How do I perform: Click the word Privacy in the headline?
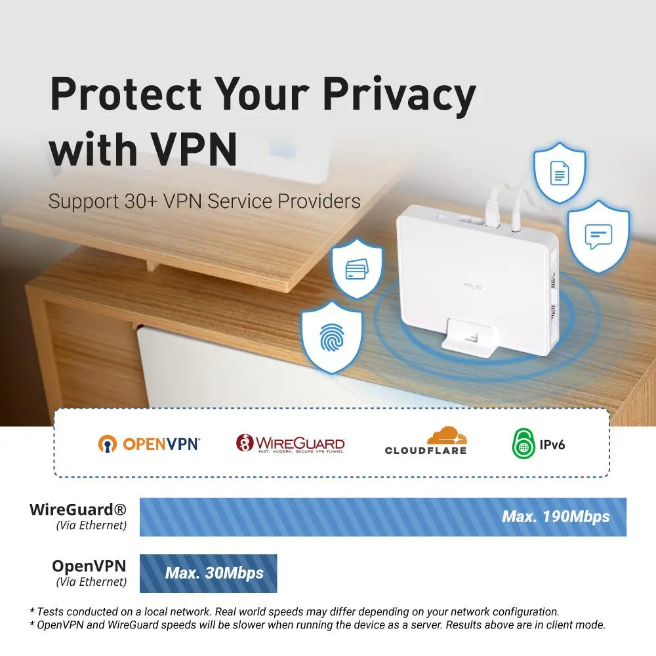point(399,97)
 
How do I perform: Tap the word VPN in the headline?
point(194,150)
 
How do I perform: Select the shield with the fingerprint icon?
point(332,337)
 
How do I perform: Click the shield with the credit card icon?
point(357,268)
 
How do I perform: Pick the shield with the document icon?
point(560,173)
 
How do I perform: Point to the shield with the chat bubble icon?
point(598,236)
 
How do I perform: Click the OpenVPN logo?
point(149,444)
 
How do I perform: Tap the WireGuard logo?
point(291,443)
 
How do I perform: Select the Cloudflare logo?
point(426,441)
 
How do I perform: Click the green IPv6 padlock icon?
point(523,443)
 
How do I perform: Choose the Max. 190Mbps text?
point(556,517)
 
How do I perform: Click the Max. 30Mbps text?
point(215,573)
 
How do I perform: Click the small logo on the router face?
point(472,287)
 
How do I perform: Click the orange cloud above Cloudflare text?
point(447,436)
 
